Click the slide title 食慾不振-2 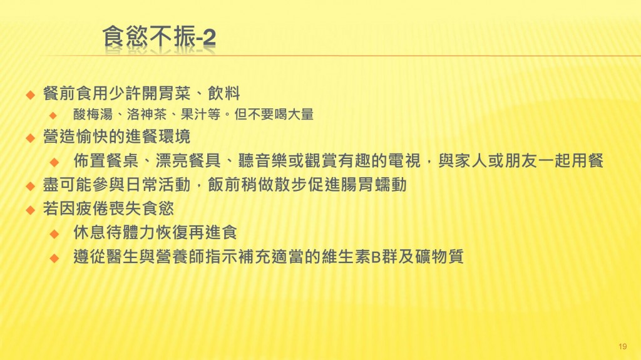[159, 37]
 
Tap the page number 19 [623, 346]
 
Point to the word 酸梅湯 [93, 114]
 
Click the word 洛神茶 [146, 114]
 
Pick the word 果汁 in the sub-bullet [194, 114]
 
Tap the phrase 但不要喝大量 [274, 114]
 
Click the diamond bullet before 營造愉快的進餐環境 [30, 138]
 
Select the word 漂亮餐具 [188, 160]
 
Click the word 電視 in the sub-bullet [404, 160]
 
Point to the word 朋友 [521, 160]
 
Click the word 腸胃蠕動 [374, 185]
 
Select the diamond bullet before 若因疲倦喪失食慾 [30, 210]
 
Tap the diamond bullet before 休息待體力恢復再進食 [54, 234]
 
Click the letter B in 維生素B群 [376, 257]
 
